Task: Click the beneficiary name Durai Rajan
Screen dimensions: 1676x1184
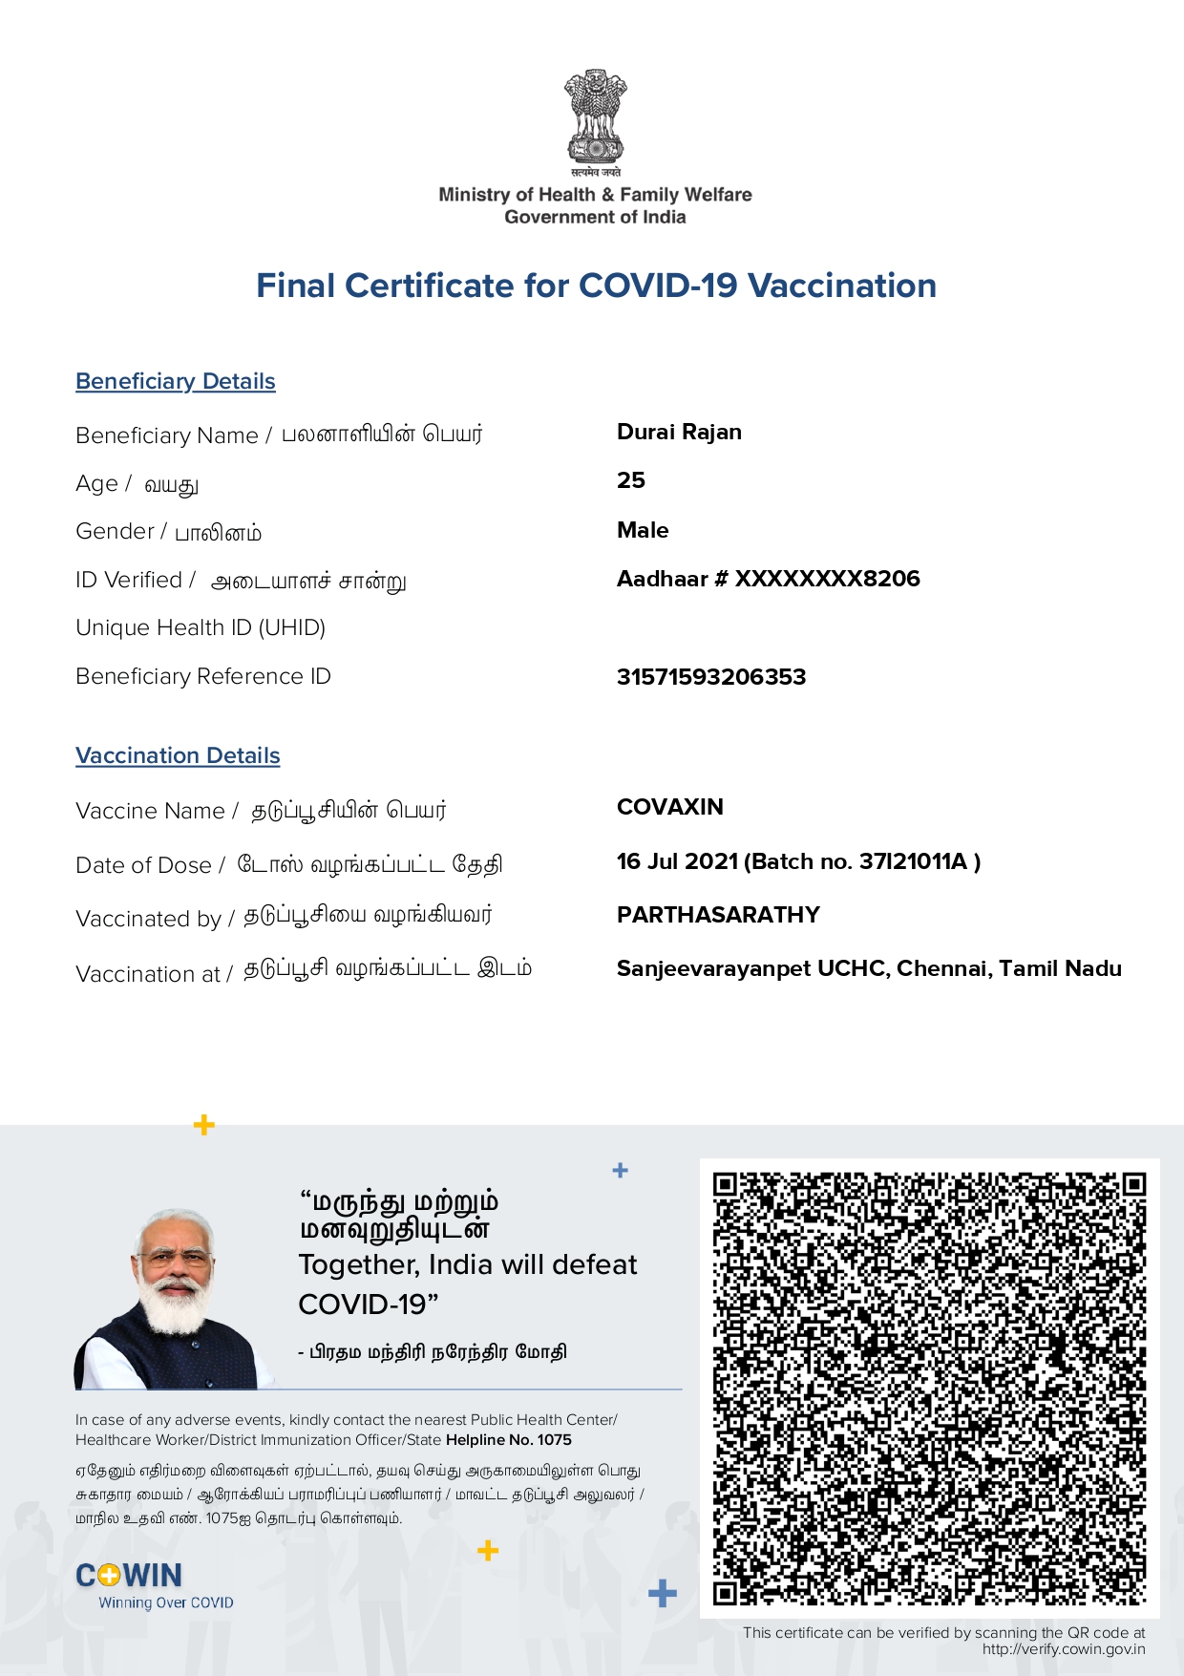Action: [x=679, y=432]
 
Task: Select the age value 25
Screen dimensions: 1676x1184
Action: [x=631, y=480]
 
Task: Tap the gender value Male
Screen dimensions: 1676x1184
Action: [x=643, y=530]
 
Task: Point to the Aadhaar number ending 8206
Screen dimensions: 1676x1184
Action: [x=769, y=579]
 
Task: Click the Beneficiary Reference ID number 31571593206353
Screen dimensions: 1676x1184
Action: [x=711, y=677]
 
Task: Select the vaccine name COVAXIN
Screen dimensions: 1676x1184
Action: [x=670, y=807]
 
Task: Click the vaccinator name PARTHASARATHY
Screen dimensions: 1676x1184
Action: [x=718, y=915]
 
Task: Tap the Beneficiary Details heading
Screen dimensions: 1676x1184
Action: [x=176, y=381]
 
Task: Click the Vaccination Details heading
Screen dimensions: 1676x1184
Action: [x=178, y=755]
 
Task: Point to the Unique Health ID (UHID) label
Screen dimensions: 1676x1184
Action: [x=201, y=627]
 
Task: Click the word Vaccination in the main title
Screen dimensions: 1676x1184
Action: [x=841, y=286]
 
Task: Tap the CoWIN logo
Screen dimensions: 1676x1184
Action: [x=129, y=1576]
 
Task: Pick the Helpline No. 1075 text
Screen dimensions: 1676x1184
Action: [x=509, y=1440]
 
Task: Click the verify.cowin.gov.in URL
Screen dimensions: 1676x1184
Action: [x=1064, y=1649]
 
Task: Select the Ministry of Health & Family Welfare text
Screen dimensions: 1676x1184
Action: [x=595, y=195]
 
